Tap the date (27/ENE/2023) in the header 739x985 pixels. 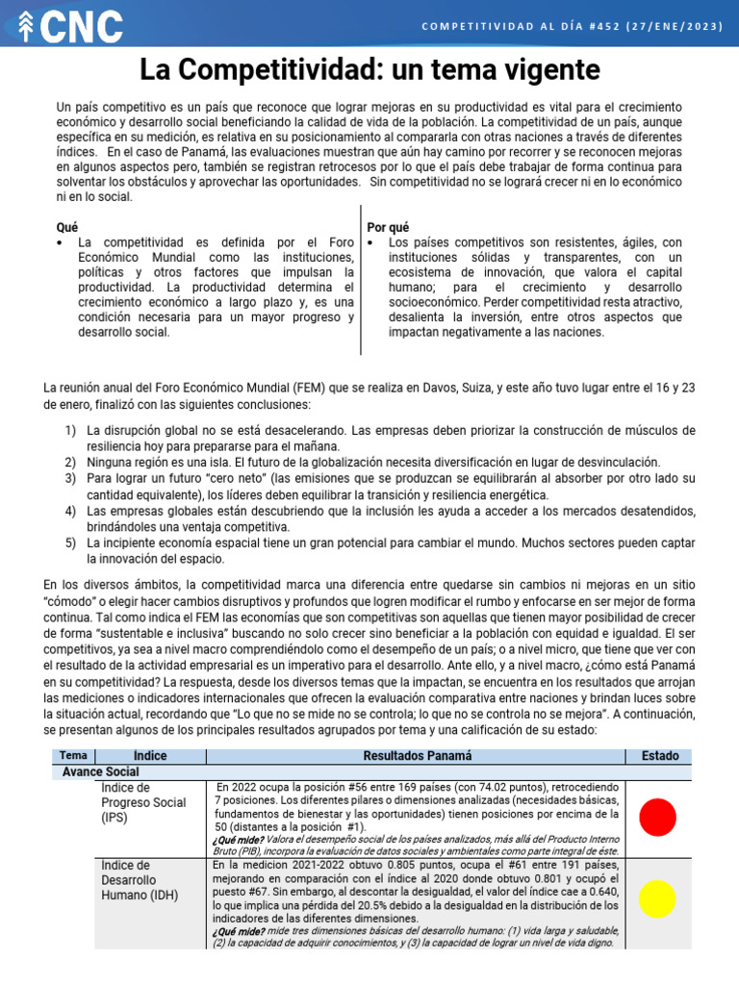(x=673, y=26)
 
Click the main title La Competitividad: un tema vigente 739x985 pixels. (x=369, y=69)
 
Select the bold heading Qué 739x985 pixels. (x=67, y=227)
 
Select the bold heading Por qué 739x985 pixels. (x=389, y=227)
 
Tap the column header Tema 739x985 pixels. (x=73, y=756)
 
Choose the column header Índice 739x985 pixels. (x=150, y=756)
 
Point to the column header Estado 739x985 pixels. (x=659, y=756)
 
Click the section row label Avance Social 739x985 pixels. (x=101, y=771)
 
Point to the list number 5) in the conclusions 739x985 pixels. (x=71, y=543)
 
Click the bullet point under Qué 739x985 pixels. (x=63, y=242)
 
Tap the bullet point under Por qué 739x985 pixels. (x=372, y=242)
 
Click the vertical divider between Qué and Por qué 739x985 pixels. (x=361, y=279)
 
